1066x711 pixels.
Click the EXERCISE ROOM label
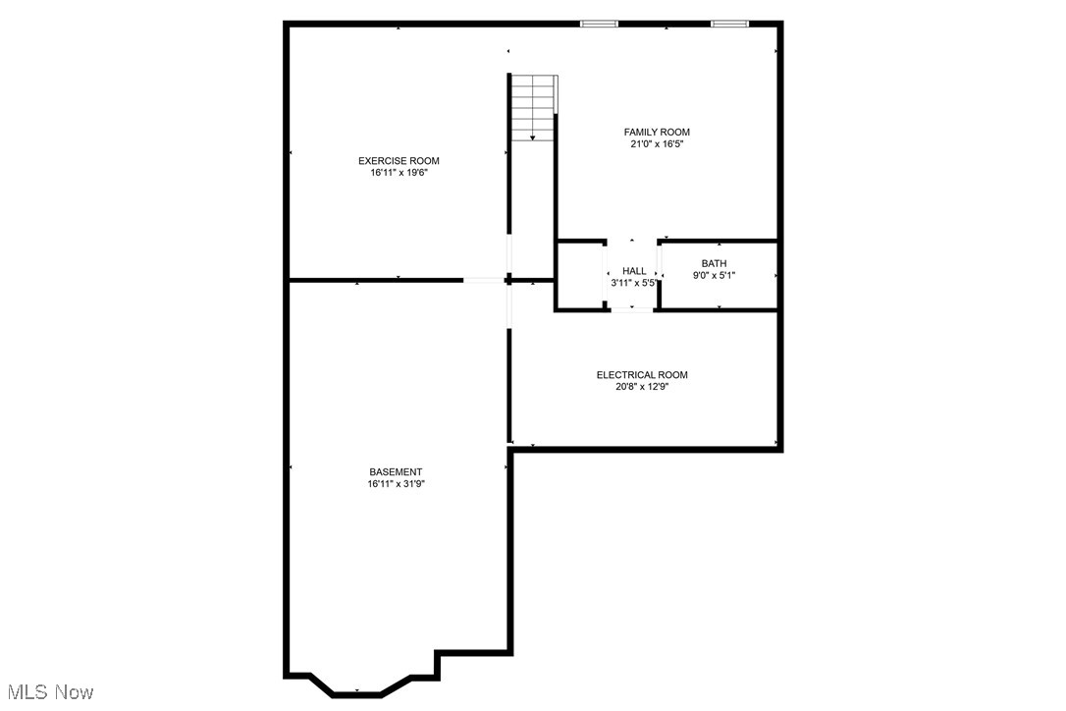pos(399,161)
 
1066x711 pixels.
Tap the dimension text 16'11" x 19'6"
pos(399,173)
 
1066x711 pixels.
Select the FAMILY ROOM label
pos(657,133)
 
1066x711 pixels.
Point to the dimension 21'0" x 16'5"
pos(657,144)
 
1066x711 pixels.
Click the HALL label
pos(634,271)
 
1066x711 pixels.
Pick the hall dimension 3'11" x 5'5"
pos(634,283)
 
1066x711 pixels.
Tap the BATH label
pos(714,263)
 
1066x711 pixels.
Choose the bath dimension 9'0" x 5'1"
pos(714,275)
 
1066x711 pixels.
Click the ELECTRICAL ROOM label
pos(642,375)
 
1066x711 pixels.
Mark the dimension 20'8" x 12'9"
pos(642,387)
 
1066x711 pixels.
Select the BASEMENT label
pos(396,472)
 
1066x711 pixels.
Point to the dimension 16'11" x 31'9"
pos(396,484)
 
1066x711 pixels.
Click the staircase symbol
pos(533,106)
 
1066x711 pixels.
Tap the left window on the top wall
pos(599,24)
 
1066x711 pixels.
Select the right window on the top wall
pos(729,24)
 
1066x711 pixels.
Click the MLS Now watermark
pos(48,693)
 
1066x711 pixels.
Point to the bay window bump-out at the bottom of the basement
pos(358,687)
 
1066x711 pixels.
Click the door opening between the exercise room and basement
pos(484,281)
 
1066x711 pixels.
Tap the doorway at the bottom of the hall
pos(633,309)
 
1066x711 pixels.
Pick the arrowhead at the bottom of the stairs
pos(533,138)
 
